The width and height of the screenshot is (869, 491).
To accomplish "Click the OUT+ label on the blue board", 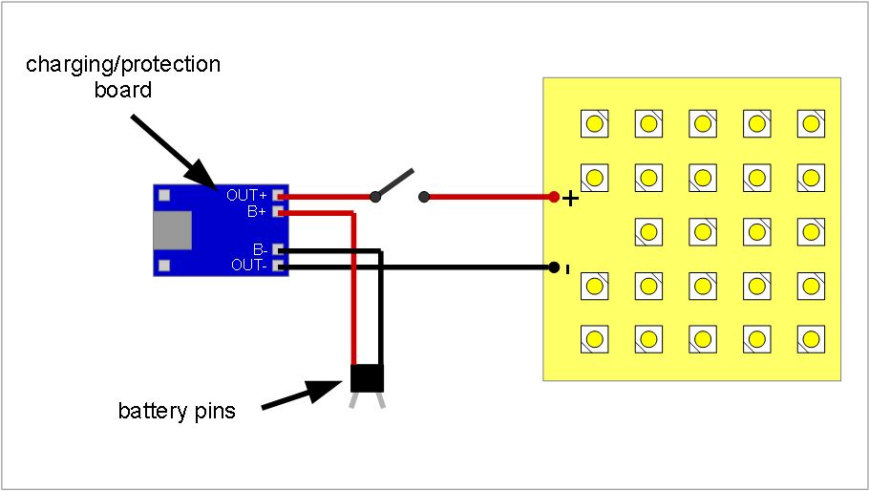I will (x=247, y=195).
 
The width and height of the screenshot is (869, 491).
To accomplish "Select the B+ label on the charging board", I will (x=256, y=211).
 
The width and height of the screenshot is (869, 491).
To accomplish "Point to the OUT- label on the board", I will (x=248, y=266).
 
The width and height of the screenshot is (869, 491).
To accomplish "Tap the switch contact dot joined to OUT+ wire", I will (x=375, y=198).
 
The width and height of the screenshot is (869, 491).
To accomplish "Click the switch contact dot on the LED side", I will (x=424, y=198).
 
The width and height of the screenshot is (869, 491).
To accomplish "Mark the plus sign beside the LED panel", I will (x=570, y=199).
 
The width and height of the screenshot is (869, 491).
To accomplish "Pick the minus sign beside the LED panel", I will (x=568, y=269).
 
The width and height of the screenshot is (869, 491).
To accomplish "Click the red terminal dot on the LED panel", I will (x=553, y=198).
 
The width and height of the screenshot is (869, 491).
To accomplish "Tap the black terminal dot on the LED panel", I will (x=553, y=267).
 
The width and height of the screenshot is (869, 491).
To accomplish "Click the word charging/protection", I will (x=123, y=65).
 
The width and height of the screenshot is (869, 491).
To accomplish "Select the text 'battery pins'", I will (x=177, y=412).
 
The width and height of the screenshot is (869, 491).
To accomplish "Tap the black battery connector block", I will (x=367, y=378).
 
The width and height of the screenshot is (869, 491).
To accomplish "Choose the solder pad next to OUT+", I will (x=279, y=195).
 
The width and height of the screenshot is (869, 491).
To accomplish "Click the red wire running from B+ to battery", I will (x=354, y=287).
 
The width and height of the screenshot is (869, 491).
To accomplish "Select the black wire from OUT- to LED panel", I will (x=420, y=267).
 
